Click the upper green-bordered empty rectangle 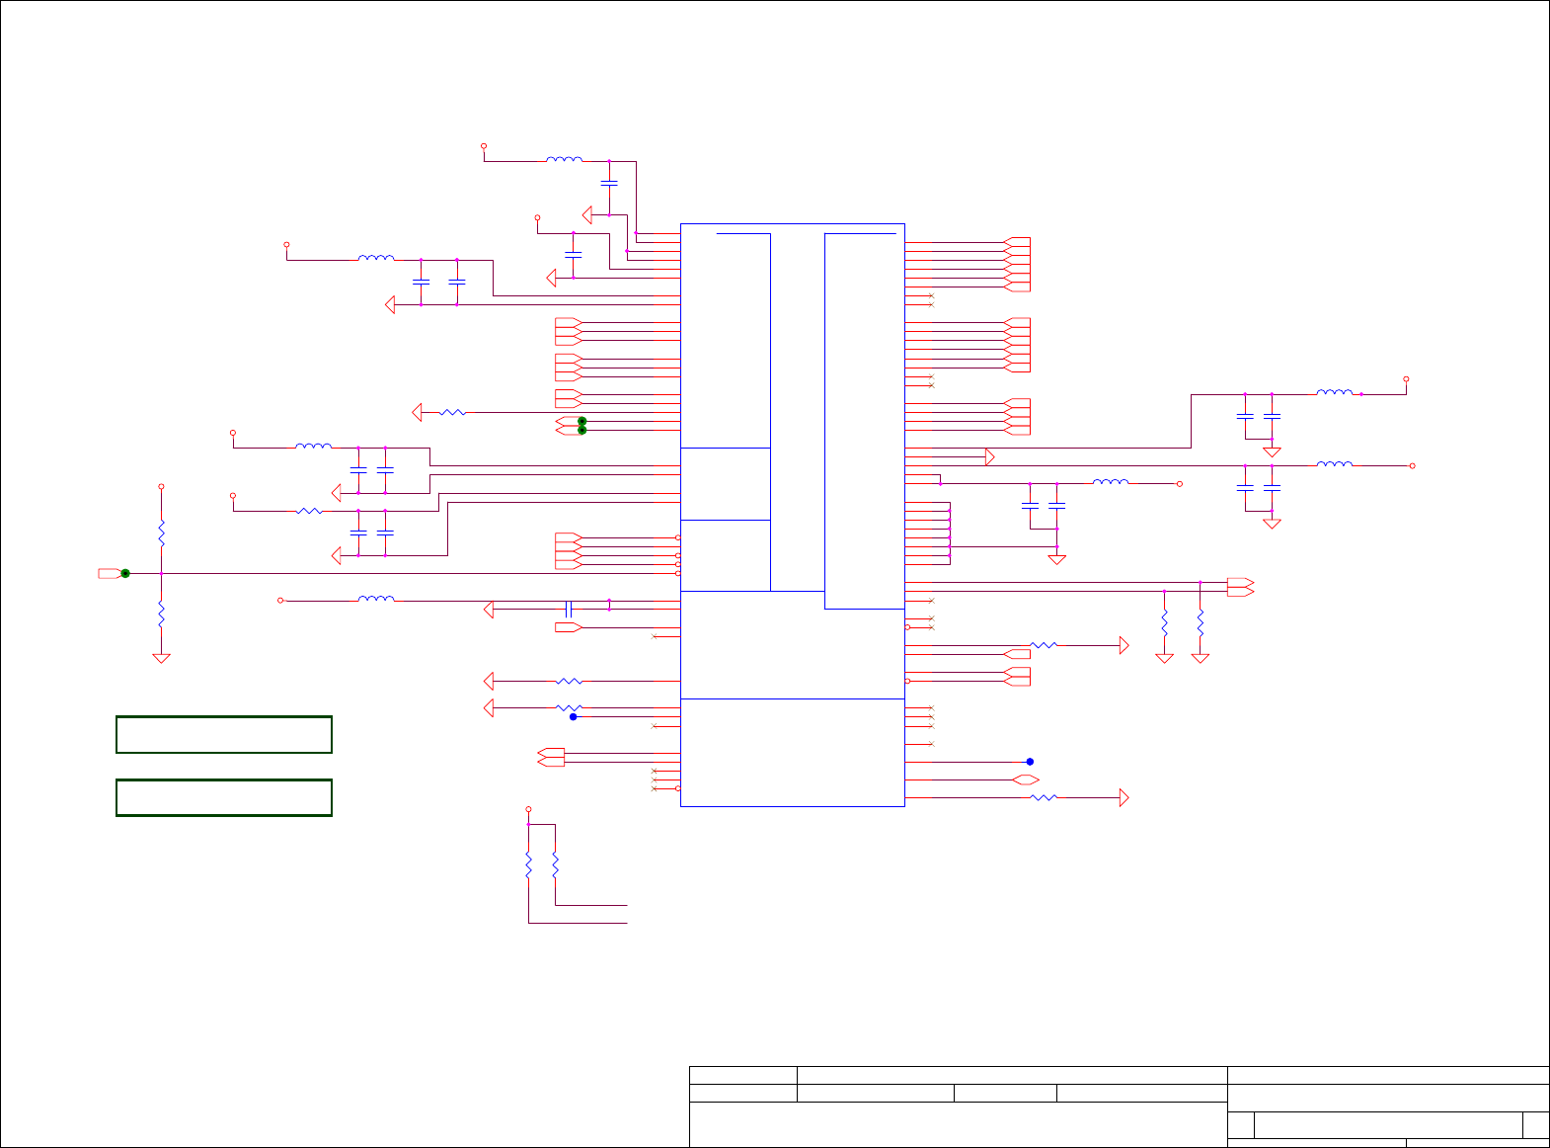point(224,735)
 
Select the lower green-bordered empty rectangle point(224,797)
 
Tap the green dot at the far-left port point(125,573)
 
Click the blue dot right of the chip point(1030,762)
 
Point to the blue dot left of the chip point(573,717)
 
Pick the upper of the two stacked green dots point(581,421)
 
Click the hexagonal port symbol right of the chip point(1026,780)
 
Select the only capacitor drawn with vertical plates point(569,608)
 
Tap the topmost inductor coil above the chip point(565,159)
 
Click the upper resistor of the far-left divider point(161,534)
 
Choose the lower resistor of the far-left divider point(161,615)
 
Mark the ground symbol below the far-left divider point(161,658)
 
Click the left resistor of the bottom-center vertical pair point(528,865)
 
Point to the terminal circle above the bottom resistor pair point(528,808)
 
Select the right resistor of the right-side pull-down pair point(1201,623)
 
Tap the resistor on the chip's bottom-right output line point(1044,797)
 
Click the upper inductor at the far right point(1335,393)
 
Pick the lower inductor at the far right point(1335,464)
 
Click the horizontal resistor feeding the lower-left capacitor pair point(309,511)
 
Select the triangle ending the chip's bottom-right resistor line point(1124,797)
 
